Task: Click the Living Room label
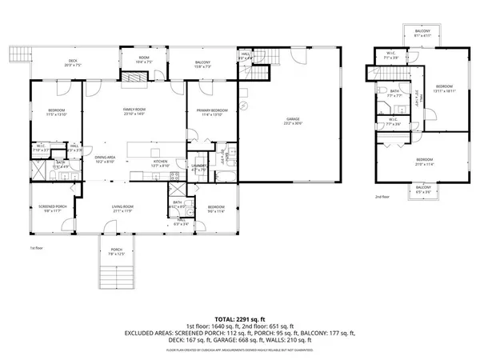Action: pos(122,209)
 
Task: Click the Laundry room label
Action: pos(199,167)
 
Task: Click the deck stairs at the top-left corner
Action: pos(18,54)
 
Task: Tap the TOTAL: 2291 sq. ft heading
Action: pos(239,318)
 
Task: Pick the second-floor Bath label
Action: pos(393,93)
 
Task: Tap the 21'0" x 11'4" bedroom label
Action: pos(424,162)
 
